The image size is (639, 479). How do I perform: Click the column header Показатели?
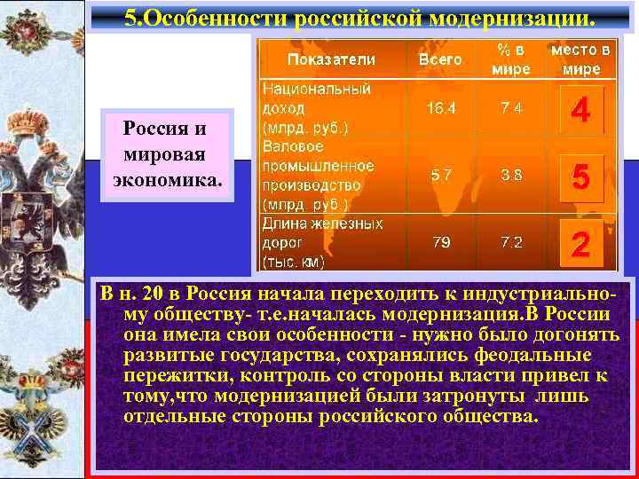coord(331,59)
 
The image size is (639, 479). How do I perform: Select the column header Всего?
coord(440,59)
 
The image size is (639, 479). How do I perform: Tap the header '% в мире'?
coord(512,59)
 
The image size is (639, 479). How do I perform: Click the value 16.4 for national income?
coord(440,108)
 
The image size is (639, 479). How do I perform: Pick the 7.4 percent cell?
coord(511,108)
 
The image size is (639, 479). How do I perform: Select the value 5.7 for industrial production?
coord(440,175)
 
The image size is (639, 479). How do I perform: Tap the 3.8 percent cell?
coord(511,175)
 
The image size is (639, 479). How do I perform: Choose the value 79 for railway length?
coord(441,242)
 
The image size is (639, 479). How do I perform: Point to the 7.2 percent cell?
coord(511,242)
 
